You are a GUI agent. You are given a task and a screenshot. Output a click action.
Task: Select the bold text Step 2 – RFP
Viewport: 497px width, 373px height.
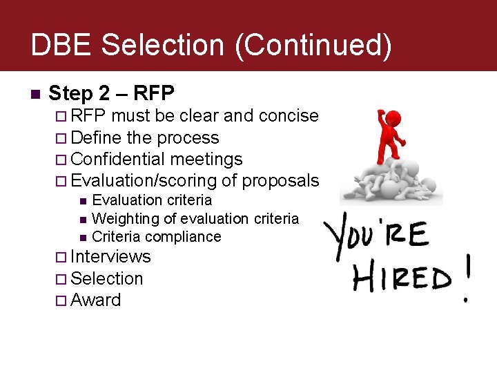(x=112, y=93)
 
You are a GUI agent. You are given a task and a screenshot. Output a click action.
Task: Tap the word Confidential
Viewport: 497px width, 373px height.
(x=119, y=159)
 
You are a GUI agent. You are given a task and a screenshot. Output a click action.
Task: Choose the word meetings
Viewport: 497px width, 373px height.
(x=206, y=159)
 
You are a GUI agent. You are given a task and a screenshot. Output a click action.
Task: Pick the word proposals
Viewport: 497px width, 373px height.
(x=271, y=181)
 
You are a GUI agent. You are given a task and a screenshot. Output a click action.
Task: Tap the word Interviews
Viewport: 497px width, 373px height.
(x=110, y=256)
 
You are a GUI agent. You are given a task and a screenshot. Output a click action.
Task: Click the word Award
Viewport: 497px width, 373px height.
(x=96, y=300)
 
